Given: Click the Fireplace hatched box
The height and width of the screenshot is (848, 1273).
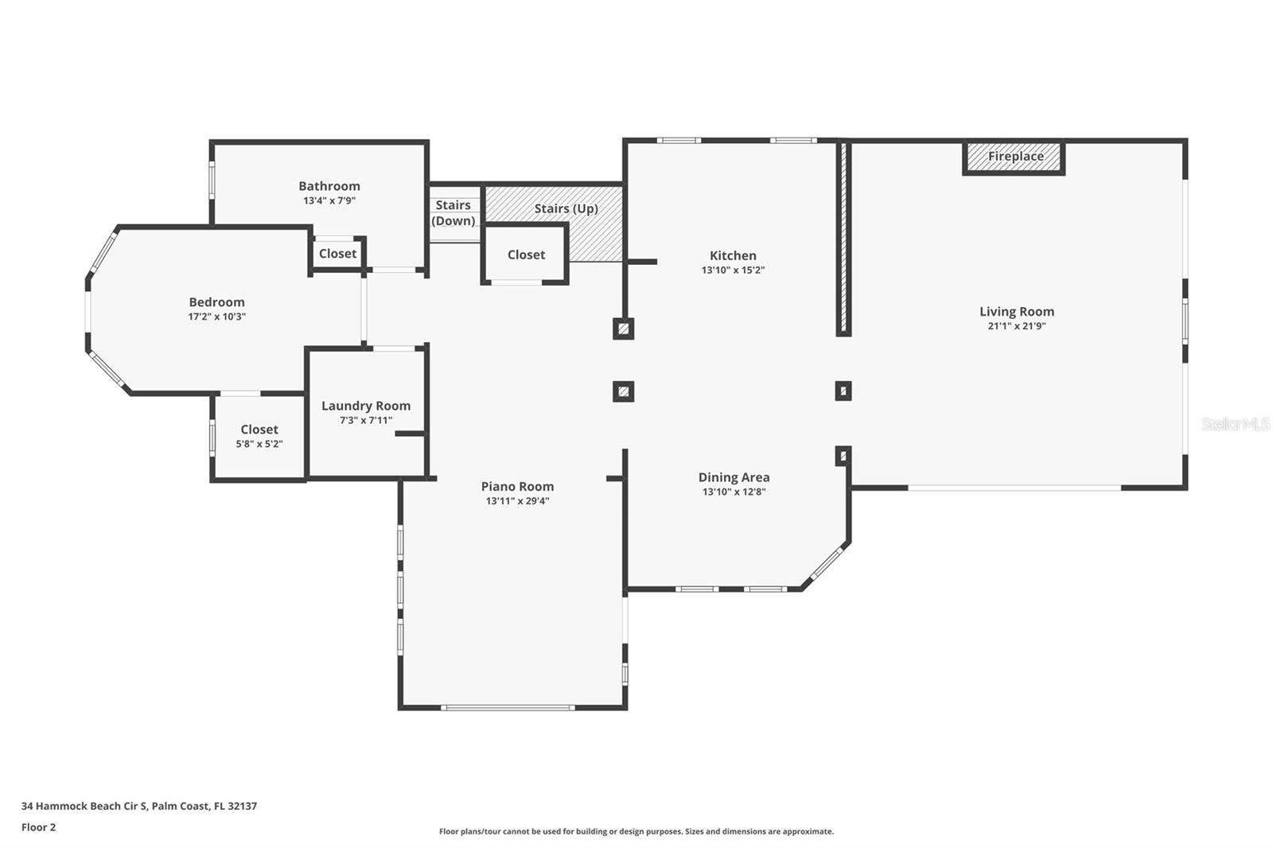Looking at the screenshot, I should pyautogui.click(x=1014, y=157).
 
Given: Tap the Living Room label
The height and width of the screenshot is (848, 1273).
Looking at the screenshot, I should pyautogui.click(x=1016, y=312).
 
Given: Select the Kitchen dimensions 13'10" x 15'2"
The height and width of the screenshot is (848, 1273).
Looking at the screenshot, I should pyautogui.click(x=733, y=270).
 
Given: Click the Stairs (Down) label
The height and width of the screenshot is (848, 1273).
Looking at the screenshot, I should pyautogui.click(x=453, y=213).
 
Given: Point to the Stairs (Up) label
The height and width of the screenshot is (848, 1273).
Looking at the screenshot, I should pyautogui.click(x=566, y=208).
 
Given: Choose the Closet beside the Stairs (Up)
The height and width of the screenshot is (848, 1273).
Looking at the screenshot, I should pyautogui.click(x=526, y=255).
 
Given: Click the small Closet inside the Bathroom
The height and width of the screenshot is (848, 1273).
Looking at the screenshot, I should pyautogui.click(x=337, y=254).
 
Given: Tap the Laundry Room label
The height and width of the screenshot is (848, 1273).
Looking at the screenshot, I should pyautogui.click(x=366, y=406).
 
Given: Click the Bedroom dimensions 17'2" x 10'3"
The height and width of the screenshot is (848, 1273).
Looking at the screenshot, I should pyautogui.click(x=216, y=317).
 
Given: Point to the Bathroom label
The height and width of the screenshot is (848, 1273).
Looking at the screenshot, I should pyautogui.click(x=329, y=186).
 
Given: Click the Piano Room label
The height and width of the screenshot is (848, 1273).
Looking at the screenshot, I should pyautogui.click(x=517, y=487).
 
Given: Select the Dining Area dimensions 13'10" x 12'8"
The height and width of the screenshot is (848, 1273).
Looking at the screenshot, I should pyautogui.click(x=734, y=492).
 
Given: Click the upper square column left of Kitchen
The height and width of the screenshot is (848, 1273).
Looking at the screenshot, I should pyautogui.click(x=624, y=328).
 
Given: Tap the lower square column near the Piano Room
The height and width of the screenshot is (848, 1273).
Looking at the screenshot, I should pyautogui.click(x=624, y=391).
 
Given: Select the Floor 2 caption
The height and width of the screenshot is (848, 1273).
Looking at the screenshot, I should pyautogui.click(x=38, y=827).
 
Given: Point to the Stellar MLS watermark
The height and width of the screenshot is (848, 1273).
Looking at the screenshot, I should pyautogui.click(x=1235, y=424).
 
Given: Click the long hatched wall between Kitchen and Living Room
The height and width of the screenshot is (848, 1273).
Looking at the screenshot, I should pyautogui.click(x=843, y=239).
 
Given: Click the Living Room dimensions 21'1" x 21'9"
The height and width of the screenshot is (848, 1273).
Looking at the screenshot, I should pyautogui.click(x=1016, y=326).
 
